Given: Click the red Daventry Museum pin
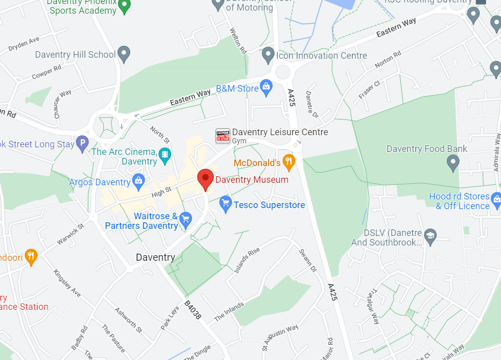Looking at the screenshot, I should (x=205, y=179).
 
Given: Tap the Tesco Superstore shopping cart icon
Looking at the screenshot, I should (x=225, y=204).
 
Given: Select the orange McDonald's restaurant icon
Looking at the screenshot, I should (x=288, y=162).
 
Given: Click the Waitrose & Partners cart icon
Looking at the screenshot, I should (x=185, y=220).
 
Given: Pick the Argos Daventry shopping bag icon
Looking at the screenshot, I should (x=138, y=180).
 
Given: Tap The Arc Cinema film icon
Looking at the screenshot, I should (x=165, y=154).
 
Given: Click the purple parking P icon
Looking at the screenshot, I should (x=82, y=144).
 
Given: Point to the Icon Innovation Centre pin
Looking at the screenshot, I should (x=268, y=55).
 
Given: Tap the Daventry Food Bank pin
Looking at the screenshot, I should (x=453, y=162).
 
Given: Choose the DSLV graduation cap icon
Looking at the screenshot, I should (x=430, y=236).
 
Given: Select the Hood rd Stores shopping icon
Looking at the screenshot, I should (x=496, y=199).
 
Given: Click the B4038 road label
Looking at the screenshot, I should (x=192, y=310).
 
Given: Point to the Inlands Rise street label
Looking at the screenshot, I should (x=247, y=260).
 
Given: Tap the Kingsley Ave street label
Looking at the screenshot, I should (x=67, y=283).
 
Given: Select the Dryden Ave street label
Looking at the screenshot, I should (x=24, y=44).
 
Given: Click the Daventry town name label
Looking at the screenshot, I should (x=156, y=257).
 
